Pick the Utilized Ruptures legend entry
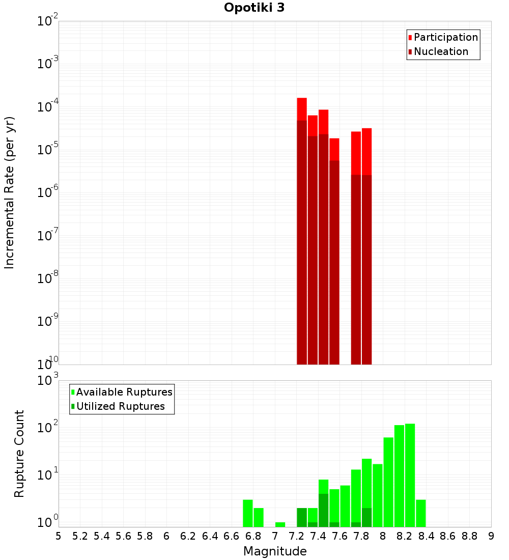(x=120, y=406)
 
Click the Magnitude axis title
(x=275, y=551)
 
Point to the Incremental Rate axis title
(x=10, y=192)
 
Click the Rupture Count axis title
(x=19, y=453)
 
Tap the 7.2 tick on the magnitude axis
(x=297, y=536)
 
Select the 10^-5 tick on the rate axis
(x=47, y=150)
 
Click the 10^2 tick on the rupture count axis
(x=47, y=426)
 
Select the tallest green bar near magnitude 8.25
(x=410, y=473)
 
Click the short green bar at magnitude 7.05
(x=280, y=524)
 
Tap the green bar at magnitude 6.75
(x=248, y=513)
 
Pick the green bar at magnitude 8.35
(x=421, y=513)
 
